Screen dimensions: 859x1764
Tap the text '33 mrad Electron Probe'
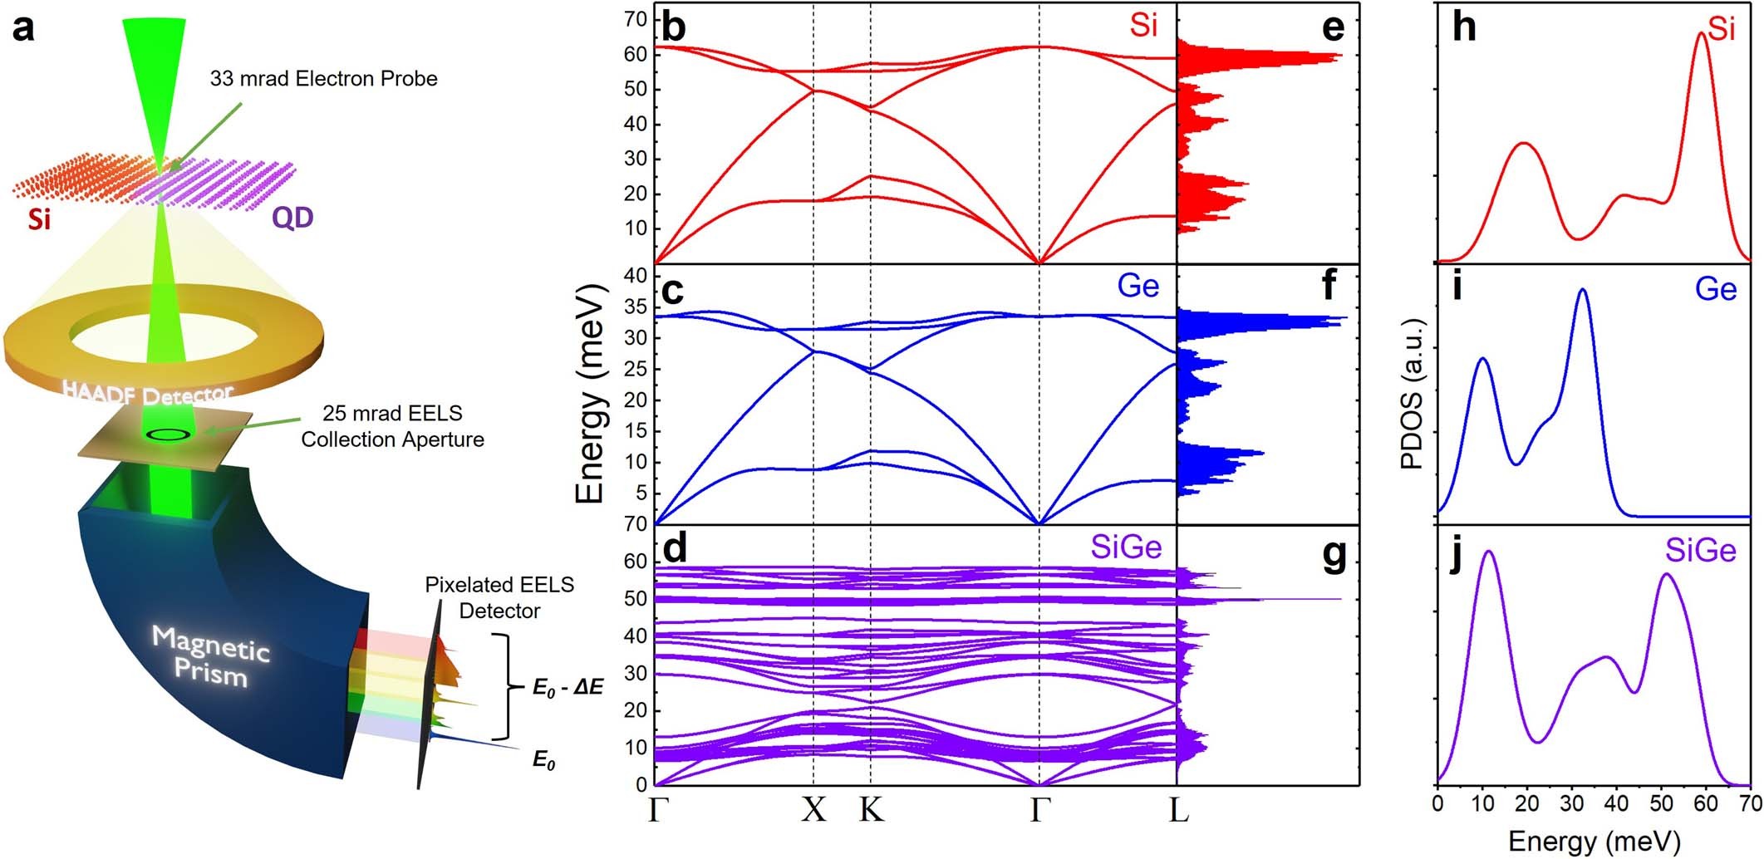tap(323, 79)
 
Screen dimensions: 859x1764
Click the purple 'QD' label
tap(292, 218)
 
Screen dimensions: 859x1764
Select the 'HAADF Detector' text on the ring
tap(148, 393)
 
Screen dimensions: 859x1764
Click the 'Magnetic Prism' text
tap(211, 655)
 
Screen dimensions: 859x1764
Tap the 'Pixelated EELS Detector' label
tap(499, 597)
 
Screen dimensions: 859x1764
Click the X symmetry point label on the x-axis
tap(813, 809)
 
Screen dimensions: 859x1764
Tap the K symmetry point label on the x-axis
tap(871, 809)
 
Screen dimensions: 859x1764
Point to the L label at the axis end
tap(1178, 809)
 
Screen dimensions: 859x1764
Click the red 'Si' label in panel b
tap(1143, 26)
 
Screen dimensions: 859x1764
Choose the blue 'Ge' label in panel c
tap(1138, 286)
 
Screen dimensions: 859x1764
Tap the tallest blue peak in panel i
tap(1582, 290)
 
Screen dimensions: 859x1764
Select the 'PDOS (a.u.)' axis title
tap(1412, 394)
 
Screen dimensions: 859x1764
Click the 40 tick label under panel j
tap(1616, 804)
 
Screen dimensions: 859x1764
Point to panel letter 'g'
tap(1333, 554)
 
